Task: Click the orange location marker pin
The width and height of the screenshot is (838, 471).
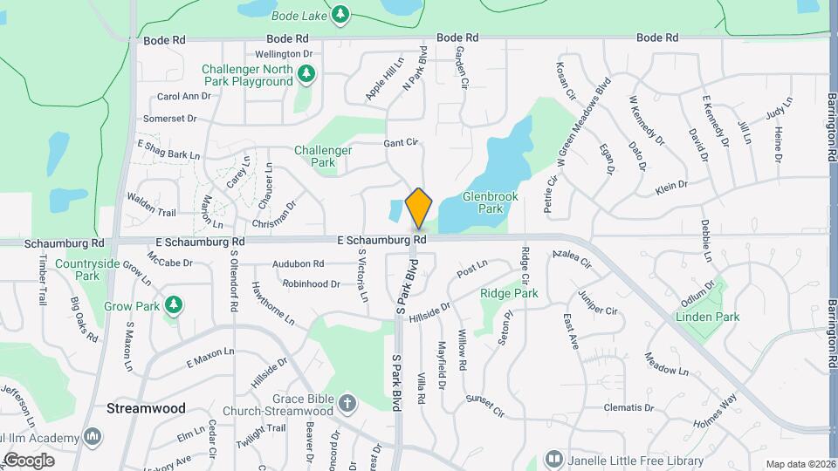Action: click(x=419, y=208)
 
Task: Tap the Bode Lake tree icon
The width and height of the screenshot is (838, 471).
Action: click(x=340, y=14)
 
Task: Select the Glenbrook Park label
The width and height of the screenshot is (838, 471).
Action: click(x=491, y=202)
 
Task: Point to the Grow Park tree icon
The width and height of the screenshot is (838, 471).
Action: click(x=175, y=304)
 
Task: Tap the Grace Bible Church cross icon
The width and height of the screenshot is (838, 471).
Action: click(x=348, y=403)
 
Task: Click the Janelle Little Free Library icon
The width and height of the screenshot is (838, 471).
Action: click(x=553, y=458)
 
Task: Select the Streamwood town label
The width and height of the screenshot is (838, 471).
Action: click(x=134, y=407)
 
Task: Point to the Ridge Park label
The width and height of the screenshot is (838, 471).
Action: click(x=509, y=294)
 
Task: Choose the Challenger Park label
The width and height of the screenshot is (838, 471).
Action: click(x=323, y=155)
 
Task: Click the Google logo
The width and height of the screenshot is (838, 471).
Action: click(x=29, y=460)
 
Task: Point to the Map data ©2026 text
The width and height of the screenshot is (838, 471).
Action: click(x=800, y=464)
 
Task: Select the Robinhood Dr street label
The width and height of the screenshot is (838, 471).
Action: click(x=312, y=284)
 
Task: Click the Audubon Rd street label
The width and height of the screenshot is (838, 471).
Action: click(x=299, y=263)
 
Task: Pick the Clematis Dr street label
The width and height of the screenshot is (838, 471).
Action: click(x=628, y=408)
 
